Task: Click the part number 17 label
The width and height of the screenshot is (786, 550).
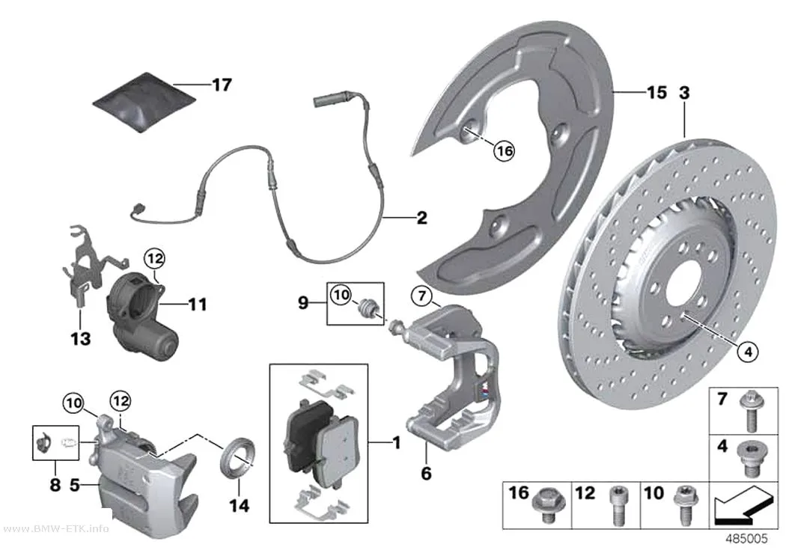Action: [x=222, y=85]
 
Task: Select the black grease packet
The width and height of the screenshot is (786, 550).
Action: [x=145, y=103]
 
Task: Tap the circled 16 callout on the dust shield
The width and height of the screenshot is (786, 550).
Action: [x=504, y=150]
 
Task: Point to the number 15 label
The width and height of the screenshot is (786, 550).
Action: [x=656, y=93]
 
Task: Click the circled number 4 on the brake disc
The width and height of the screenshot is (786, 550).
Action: [x=747, y=352]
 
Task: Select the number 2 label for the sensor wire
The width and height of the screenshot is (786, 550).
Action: [x=422, y=218]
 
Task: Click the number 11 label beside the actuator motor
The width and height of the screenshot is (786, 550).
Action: [x=197, y=304]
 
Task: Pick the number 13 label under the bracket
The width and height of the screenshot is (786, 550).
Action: [x=81, y=339]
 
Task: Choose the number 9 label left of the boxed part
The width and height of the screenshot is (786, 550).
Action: [x=302, y=302]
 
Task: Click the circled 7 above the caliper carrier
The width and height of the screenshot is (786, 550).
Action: [x=421, y=296]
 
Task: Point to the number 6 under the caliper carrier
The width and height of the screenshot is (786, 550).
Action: [x=426, y=473]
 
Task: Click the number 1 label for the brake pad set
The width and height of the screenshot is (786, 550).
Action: [x=397, y=443]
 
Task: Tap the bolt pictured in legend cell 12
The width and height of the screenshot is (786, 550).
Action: [x=618, y=505]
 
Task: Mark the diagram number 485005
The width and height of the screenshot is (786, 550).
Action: [x=746, y=539]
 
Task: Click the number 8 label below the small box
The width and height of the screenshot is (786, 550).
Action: [x=55, y=484]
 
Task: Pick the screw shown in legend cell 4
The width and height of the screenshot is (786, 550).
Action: [x=748, y=459]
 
